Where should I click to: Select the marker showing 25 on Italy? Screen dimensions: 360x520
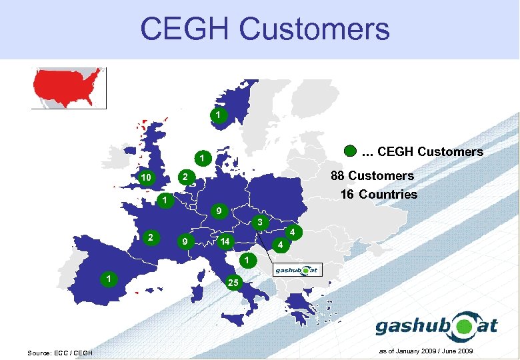pos(233,282)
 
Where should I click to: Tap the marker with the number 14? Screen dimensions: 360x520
pos(226,241)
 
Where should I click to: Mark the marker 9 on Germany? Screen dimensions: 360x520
pos(216,211)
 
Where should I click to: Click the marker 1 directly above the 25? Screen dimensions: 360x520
pos(246,259)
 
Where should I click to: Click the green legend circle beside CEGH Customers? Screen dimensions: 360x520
pos(351,151)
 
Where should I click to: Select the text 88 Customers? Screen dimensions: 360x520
pos(373,176)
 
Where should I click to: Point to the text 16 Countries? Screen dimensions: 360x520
pos(378,195)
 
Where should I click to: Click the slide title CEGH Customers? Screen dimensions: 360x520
pos(265,29)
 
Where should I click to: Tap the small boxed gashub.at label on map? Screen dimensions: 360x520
pos(298,270)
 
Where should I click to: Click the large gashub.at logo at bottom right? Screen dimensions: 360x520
pos(437,326)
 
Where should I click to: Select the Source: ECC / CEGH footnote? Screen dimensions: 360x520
pos(60,352)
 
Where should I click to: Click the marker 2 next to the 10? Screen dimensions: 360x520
pos(187,177)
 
